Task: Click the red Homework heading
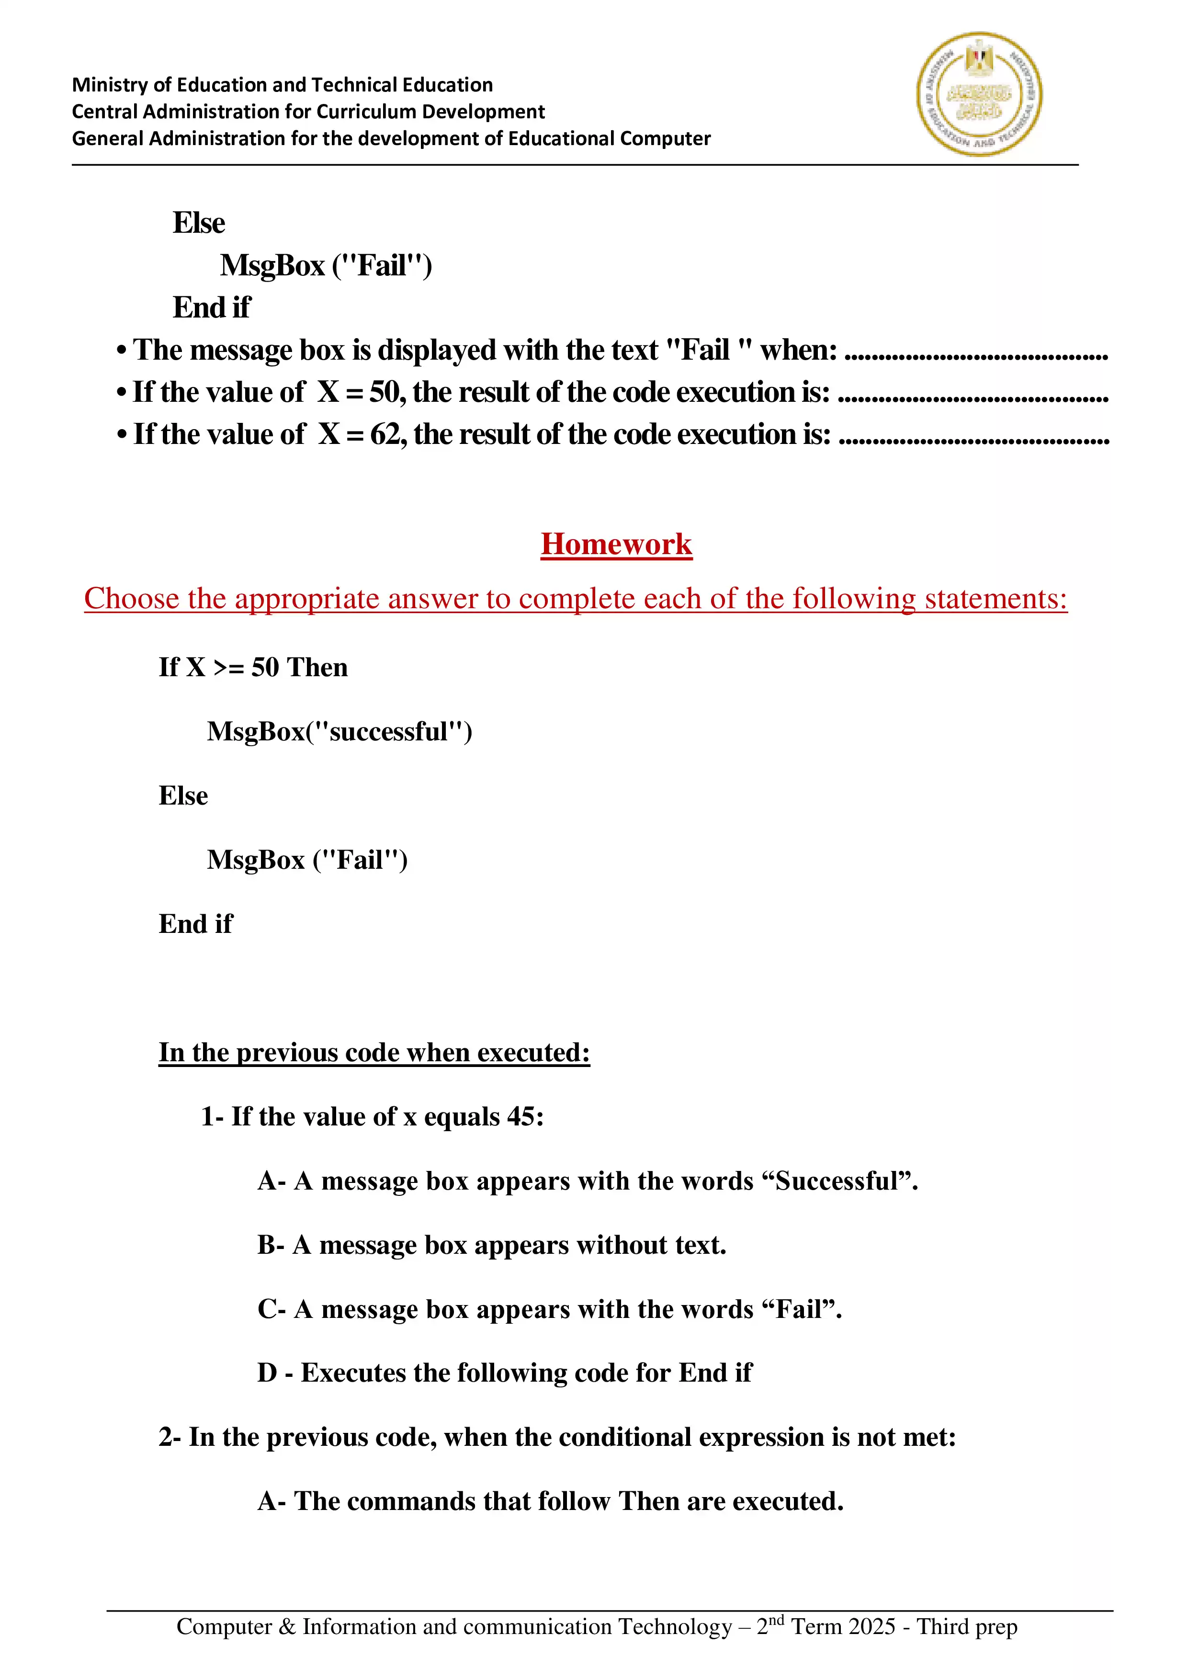coord(616,545)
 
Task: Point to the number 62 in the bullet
coord(385,435)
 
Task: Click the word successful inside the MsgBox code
coord(388,732)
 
